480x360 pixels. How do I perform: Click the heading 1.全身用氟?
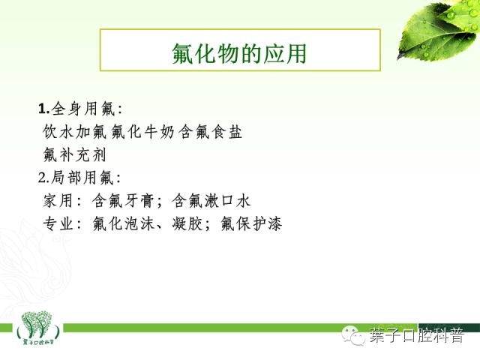79,109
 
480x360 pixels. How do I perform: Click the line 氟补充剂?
76,154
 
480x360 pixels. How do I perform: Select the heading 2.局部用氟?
79,178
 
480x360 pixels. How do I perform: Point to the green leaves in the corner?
439,30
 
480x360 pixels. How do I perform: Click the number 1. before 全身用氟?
43,109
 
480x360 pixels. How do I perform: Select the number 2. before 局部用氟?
43,178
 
